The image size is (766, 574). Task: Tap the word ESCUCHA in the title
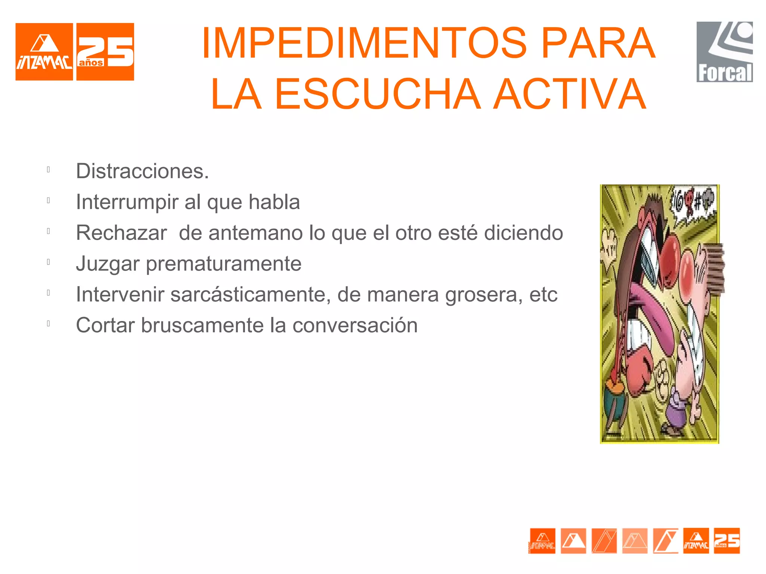point(378,94)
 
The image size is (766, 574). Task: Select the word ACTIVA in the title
point(570,94)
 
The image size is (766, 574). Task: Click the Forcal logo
point(724,52)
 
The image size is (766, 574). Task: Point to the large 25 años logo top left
point(105,52)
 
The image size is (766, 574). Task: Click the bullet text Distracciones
point(142,171)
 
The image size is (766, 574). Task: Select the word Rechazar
point(121,233)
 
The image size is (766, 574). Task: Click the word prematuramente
point(224,263)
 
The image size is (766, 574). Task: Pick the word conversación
point(355,325)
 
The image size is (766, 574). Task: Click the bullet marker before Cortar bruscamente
point(48,324)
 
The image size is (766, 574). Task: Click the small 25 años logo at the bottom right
point(727,540)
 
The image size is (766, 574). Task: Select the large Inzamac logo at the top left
point(44,52)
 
